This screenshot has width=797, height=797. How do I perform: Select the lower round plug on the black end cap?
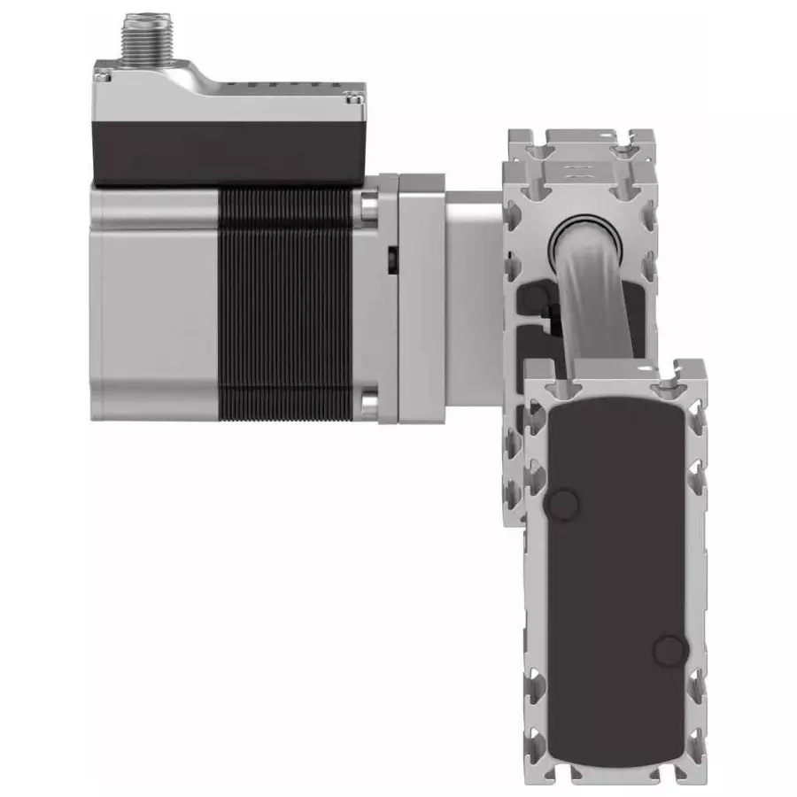(x=669, y=652)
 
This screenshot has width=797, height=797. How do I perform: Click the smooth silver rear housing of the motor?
(x=155, y=301)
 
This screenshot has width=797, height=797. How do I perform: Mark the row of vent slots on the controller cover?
(x=292, y=86)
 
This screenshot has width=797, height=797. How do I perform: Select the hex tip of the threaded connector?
(x=146, y=19)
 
